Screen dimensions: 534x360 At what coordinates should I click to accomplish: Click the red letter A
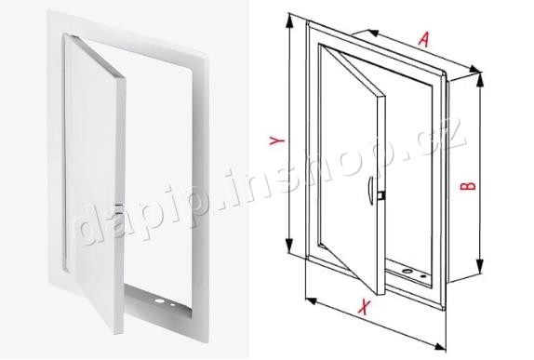coord(423,39)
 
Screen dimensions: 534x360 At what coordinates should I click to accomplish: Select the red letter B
coord(468,186)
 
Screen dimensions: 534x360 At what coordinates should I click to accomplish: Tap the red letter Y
coord(276,140)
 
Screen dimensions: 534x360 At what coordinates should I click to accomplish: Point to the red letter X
coord(364,307)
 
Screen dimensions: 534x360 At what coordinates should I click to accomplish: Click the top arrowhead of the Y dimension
coord(289,20)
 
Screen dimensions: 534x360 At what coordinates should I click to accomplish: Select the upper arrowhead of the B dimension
coord(480,80)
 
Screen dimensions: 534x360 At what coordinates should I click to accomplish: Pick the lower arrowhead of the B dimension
coord(480,266)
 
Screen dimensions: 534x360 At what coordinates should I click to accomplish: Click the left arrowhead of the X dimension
coord(312,300)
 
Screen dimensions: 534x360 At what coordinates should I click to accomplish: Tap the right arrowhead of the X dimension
coord(440,346)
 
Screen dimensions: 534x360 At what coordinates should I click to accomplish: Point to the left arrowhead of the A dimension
coord(373,33)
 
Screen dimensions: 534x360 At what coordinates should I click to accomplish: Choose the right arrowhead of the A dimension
coord(474,70)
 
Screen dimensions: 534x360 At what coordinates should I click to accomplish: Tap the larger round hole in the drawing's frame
coord(407,272)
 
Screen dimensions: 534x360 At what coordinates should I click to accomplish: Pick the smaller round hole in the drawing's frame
coord(423,276)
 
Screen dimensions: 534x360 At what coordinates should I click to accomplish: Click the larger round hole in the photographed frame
coord(158,301)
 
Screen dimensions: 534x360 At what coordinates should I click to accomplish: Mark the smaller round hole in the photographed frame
coord(173,304)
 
